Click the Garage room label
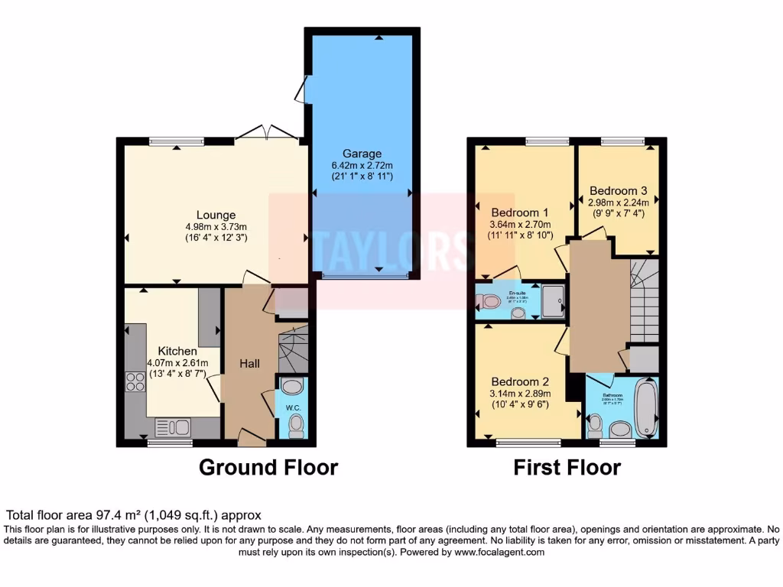pos(362,154)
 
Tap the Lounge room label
pos(216,215)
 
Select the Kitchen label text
pos(177,351)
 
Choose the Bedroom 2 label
pos(520,381)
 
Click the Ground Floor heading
pos(268,467)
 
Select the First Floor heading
pos(567,467)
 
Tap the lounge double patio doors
pos(266,135)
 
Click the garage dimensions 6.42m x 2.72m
pos(362,165)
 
